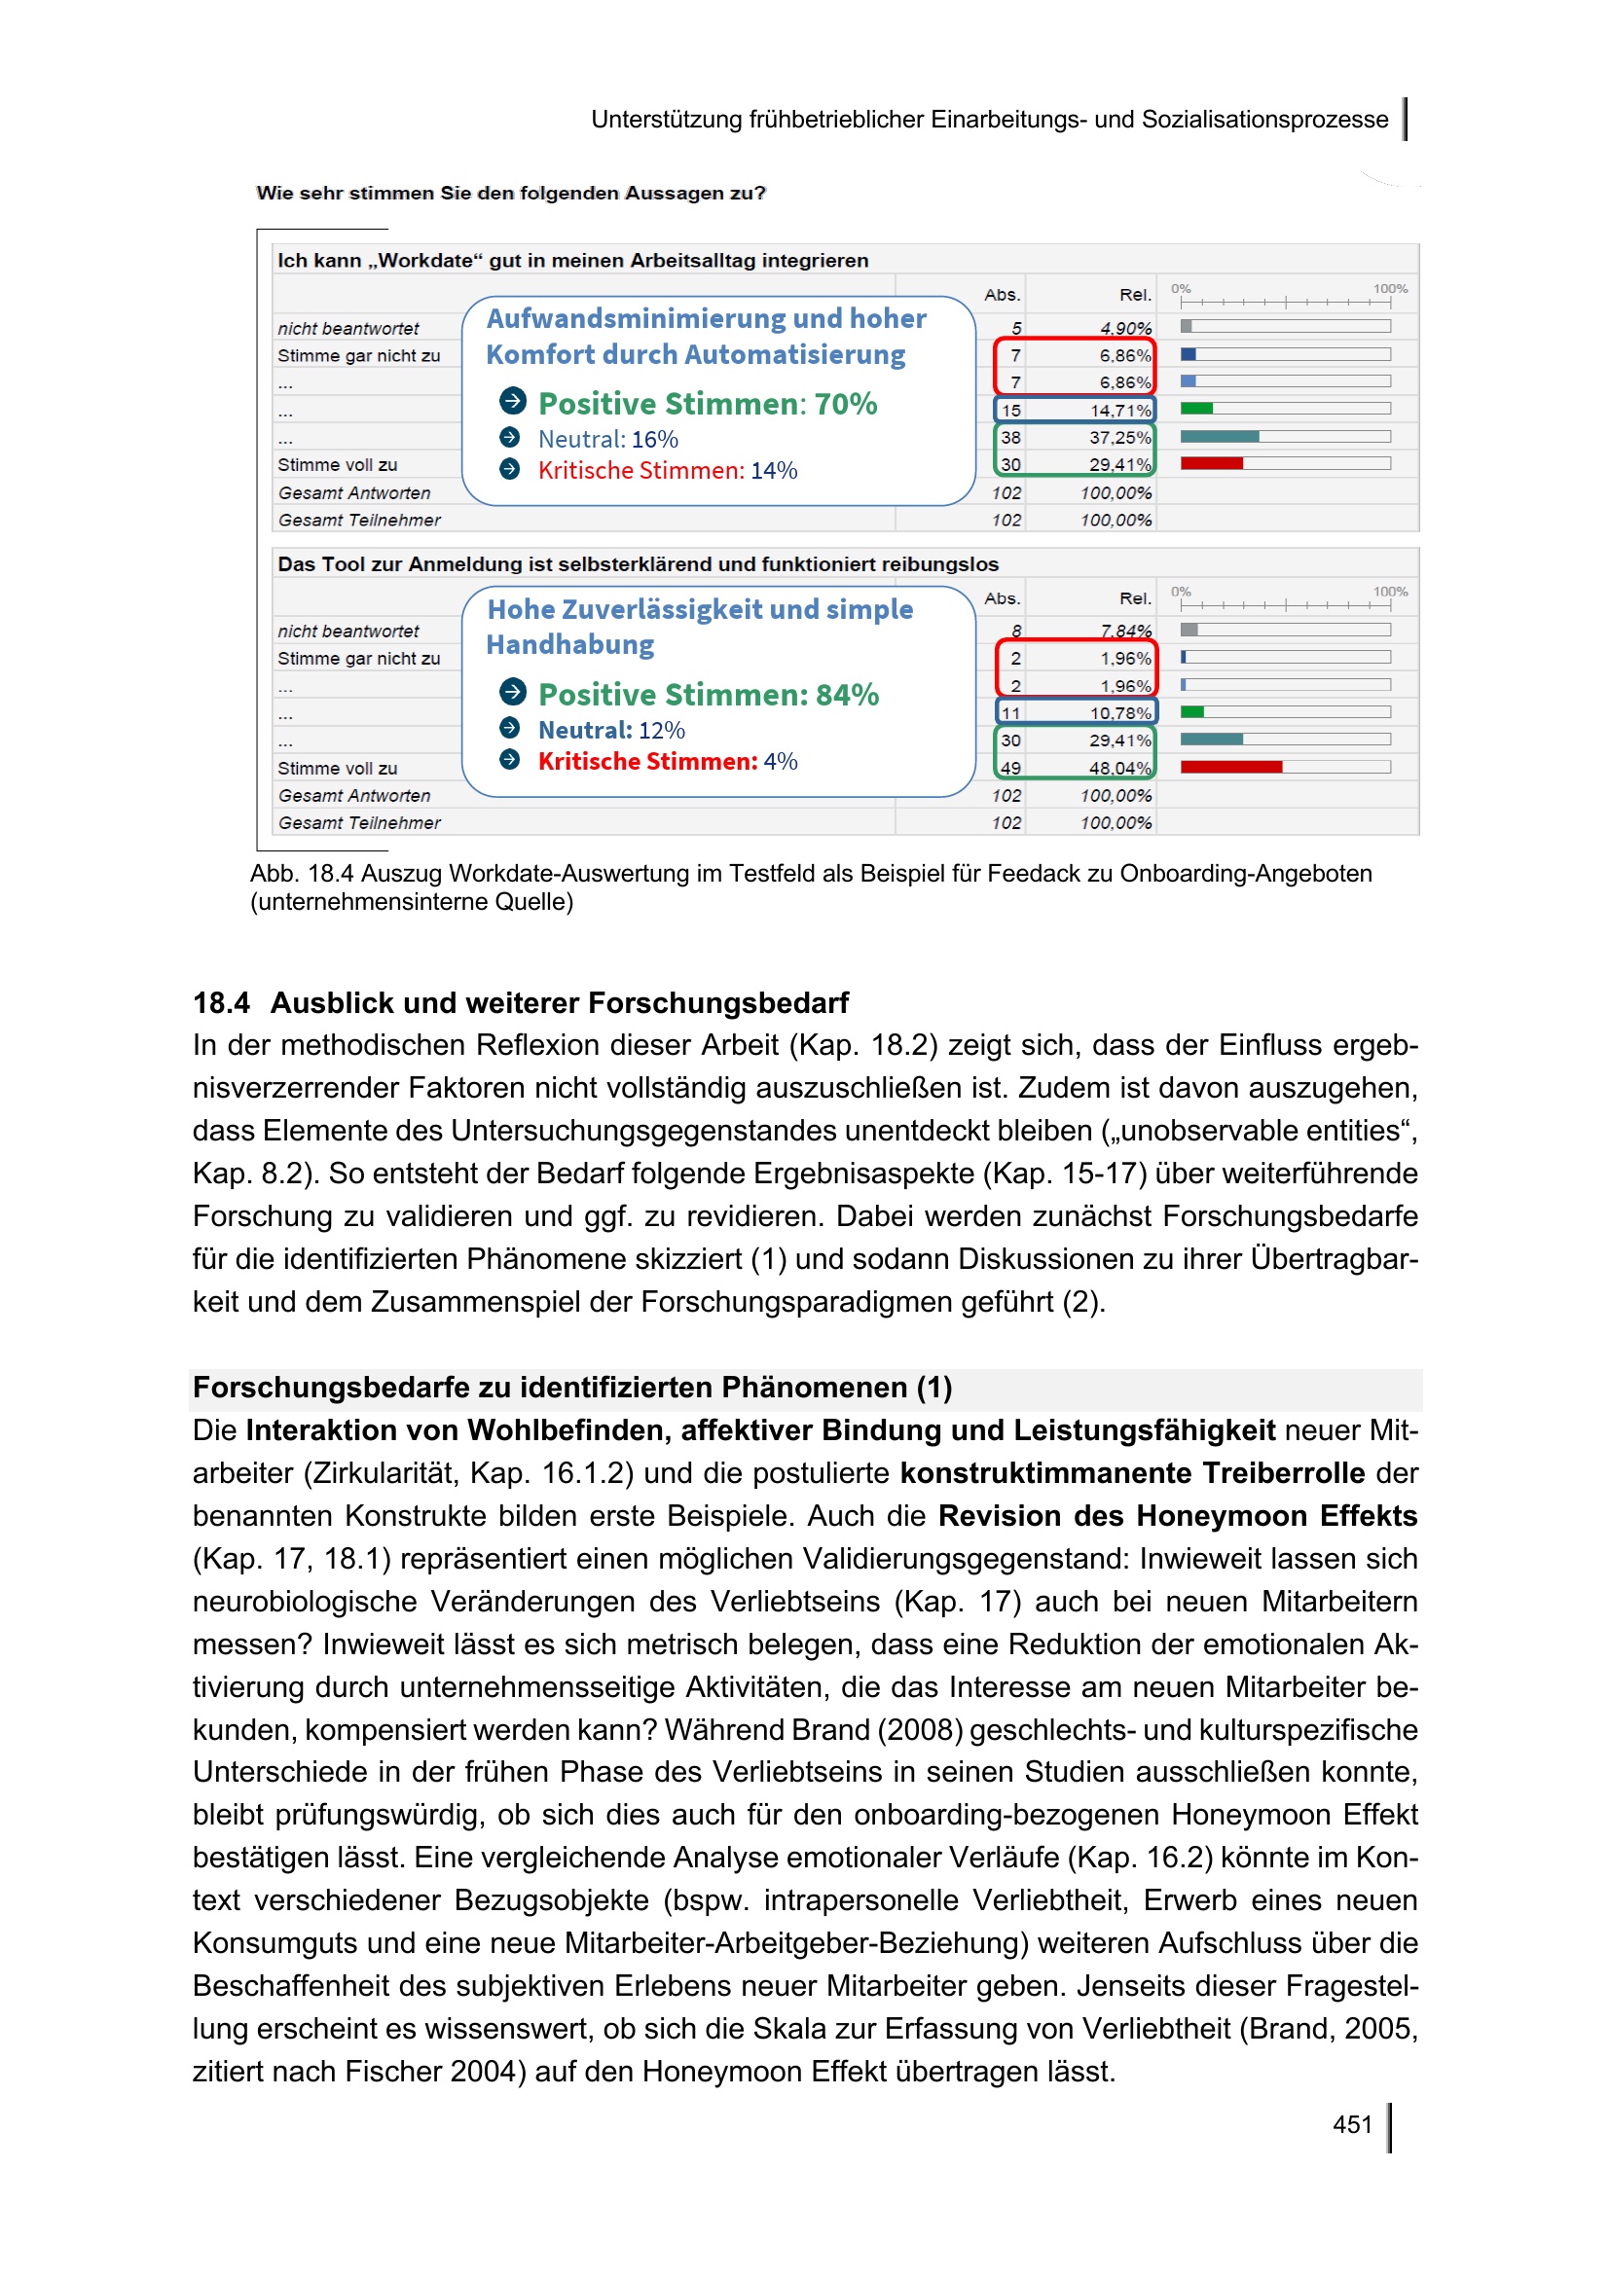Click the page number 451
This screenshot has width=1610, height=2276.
click(x=1352, y=2124)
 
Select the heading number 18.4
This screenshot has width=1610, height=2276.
click(x=221, y=1003)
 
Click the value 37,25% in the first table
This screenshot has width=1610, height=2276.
click(x=1119, y=437)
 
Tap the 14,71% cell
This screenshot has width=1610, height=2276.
click(x=1119, y=411)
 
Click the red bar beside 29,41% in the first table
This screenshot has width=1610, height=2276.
click(x=1212, y=463)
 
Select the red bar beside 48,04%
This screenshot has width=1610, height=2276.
click(x=1231, y=766)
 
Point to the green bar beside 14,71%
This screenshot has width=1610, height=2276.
click(x=1196, y=409)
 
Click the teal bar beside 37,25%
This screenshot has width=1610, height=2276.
click(x=1220, y=436)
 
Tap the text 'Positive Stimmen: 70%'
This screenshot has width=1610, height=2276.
click(x=707, y=404)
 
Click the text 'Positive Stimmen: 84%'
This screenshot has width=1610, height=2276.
click(x=708, y=695)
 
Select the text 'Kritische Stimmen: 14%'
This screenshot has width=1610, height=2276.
click(x=667, y=471)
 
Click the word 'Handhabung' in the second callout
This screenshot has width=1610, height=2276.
click(x=570, y=645)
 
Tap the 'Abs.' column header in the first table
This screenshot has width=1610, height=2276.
click(x=1002, y=295)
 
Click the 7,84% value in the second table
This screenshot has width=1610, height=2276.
click(x=1125, y=631)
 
